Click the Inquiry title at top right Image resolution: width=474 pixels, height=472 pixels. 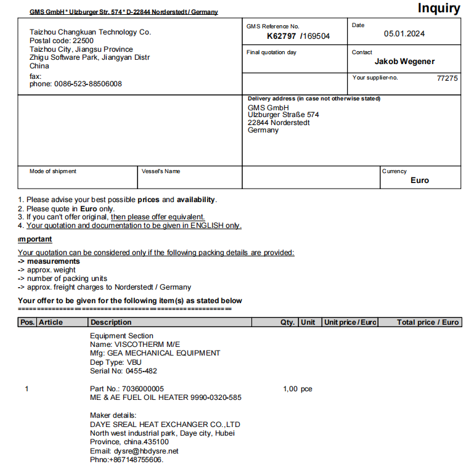click(x=438, y=8)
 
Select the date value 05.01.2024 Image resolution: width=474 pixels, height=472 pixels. click(x=404, y=34)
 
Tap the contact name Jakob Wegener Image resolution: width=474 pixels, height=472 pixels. click(x=404, y=61)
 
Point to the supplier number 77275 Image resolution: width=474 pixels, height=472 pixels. click(x=447, y=78)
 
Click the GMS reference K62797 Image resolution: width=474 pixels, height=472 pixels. click(x=281, y=36)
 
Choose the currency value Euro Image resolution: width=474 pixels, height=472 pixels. click(x=420, y=180)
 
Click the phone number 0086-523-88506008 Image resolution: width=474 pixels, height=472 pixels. click(x=88, y=84)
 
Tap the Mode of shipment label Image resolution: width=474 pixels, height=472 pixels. click(x=53, y=171)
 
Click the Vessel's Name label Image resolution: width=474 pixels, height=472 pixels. click(x=161, y=171)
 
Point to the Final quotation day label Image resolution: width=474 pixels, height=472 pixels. click(x=271, y=52)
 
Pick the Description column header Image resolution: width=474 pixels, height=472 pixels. click(x=111, y=322)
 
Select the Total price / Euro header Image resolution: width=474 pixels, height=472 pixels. click(x=428, y=322)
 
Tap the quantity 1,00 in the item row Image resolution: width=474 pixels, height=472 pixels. click(x=290, y=389)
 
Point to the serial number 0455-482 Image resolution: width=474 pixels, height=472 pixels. click(x=141, y=371)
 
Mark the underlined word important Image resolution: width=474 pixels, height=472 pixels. click(x=35, y=239)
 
